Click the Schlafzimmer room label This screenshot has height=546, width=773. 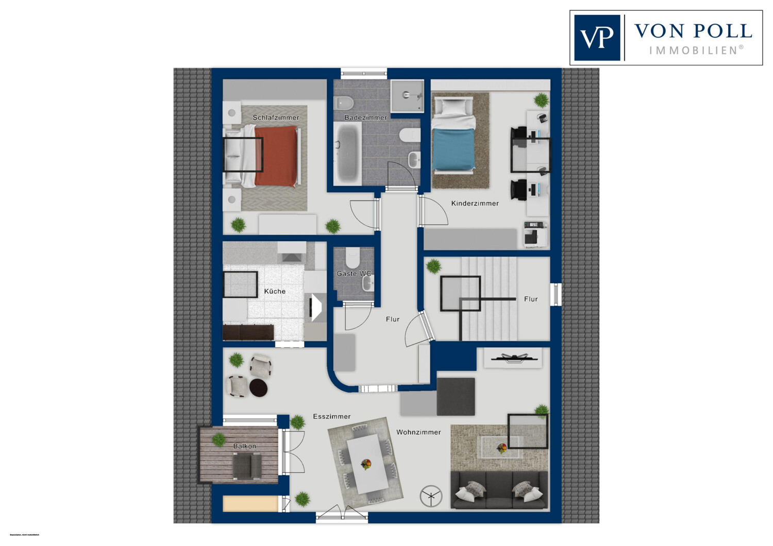click(276, 117)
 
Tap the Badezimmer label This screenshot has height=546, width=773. click(365, 117)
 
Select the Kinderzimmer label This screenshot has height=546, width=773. click(475, 203)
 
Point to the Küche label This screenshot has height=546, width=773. click(275, 292)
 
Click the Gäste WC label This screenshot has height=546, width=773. click(354, 274)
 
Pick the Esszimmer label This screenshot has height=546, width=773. click(332, 416)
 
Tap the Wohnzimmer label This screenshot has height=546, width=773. click(418, 432)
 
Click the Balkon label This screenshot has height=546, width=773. click(244, 446)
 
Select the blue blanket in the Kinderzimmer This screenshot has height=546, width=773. click(453, 149)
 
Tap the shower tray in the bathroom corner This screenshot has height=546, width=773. click(407, 96)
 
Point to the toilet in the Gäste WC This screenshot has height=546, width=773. click(353, 256)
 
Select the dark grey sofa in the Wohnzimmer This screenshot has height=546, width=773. click(499, 490)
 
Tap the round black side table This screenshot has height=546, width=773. click(259, 387)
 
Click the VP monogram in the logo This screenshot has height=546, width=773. click(597, 38)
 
